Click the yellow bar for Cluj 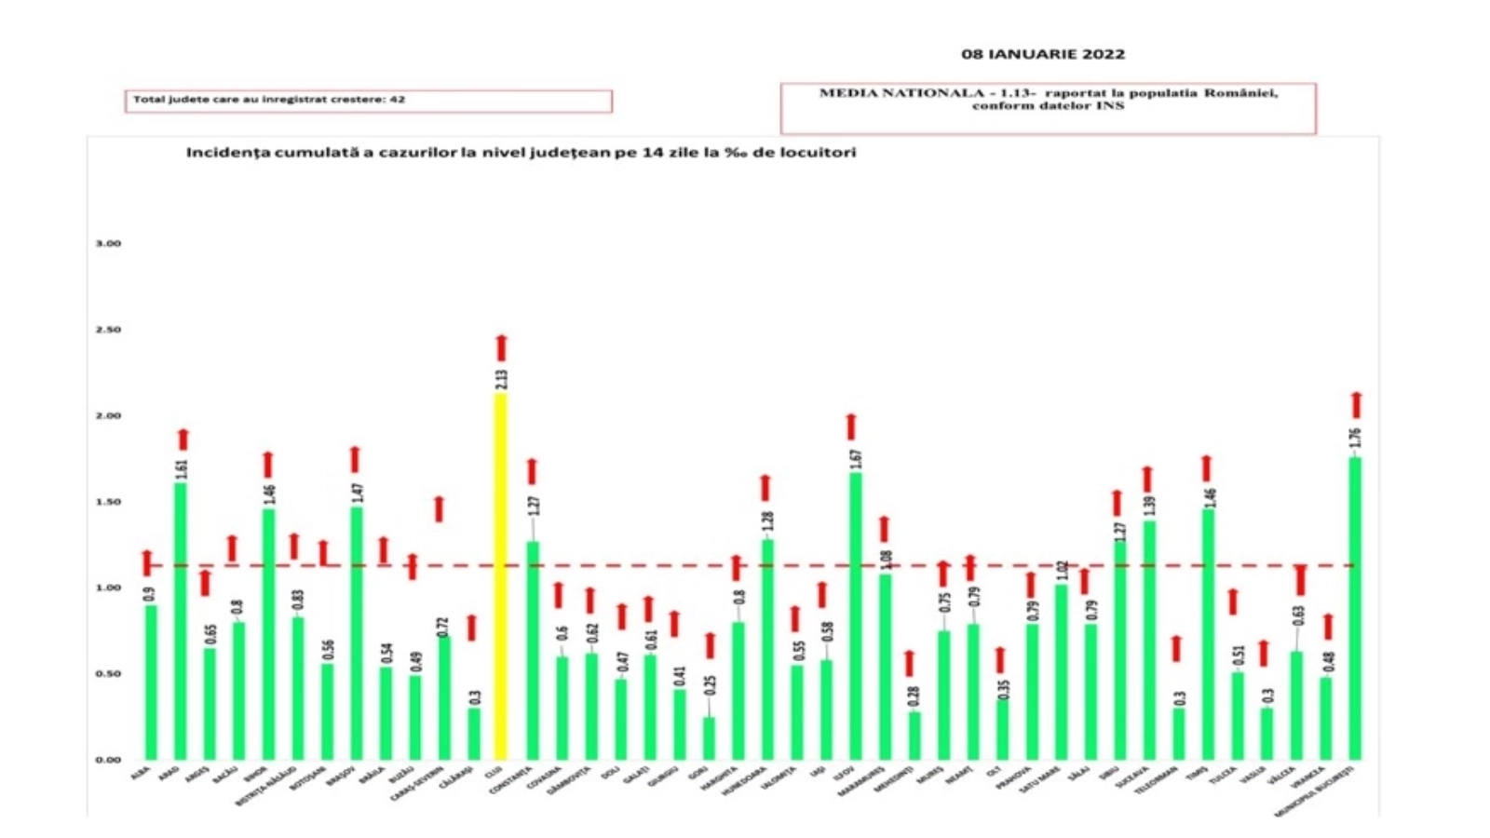(x=500, y=577)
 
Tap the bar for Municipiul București (x=1355, y=609)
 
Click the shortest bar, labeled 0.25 (x=710, y=737)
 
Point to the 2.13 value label (x=502, y=379)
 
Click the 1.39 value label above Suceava (x=1149, y=506)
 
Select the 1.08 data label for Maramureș (x=886, y=560)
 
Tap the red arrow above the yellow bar (x=501, y=347)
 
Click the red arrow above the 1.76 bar (x=1356, y=405)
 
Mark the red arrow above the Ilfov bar (x=850, y=426)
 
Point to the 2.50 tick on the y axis (x=108, y=330)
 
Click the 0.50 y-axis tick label (x=108, y=673)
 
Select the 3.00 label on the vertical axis (x=108, y=243)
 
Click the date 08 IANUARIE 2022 (x=1043, y=54)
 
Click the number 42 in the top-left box (x=398, y=99)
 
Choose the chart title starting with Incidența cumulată (x=521, y=152)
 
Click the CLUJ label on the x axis (x=494, y=772)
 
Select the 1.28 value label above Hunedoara (x=768, y=522)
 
